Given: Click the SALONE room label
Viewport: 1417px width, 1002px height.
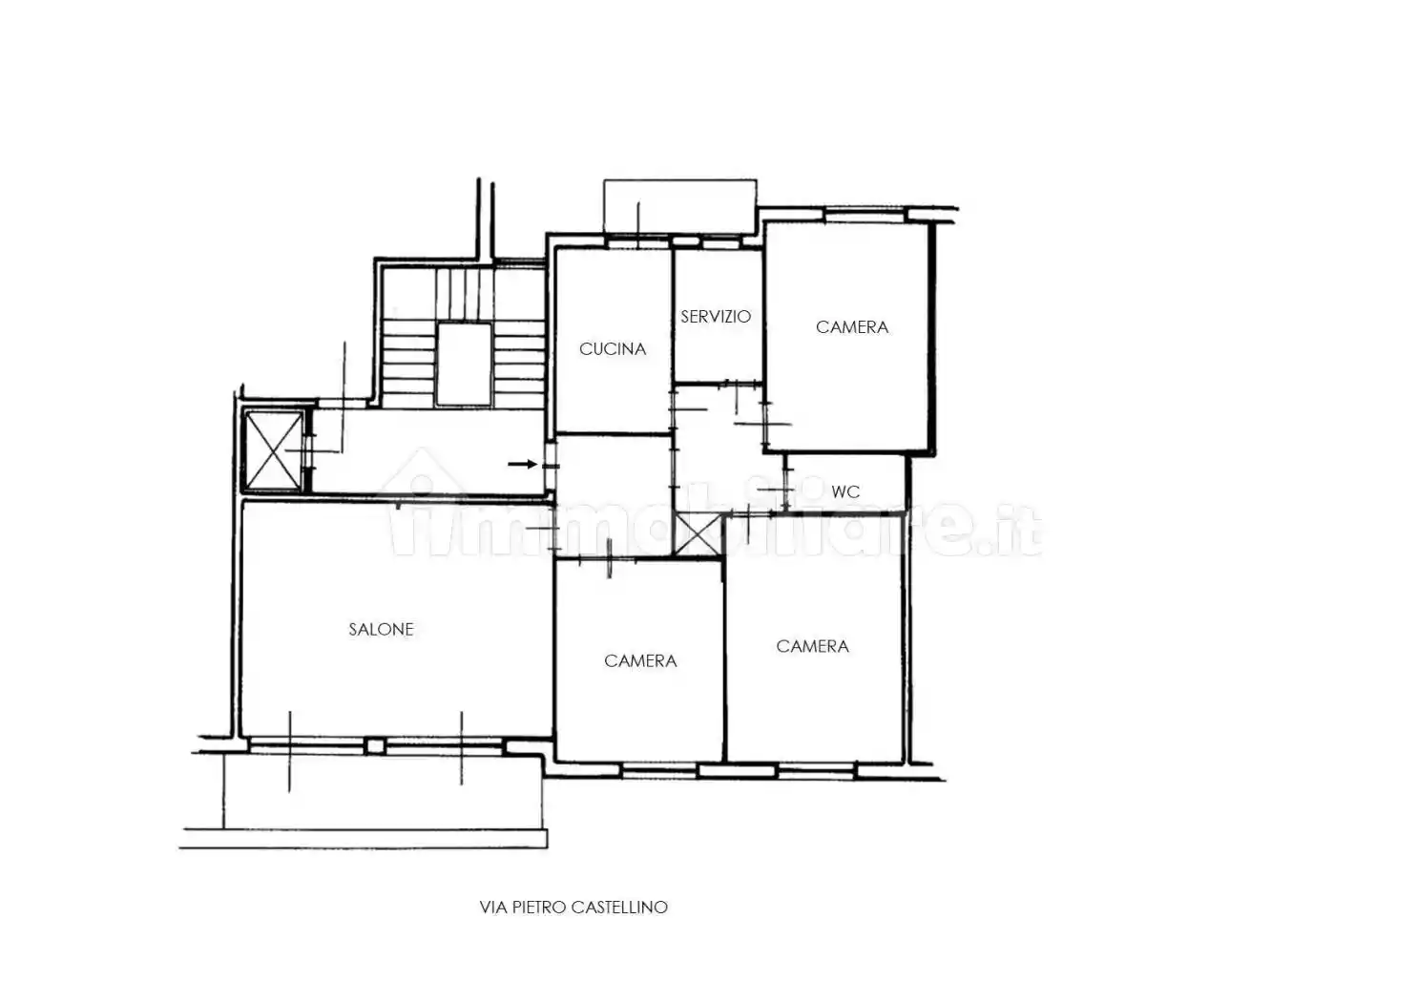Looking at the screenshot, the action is pyautogui.click(x=381, y=630).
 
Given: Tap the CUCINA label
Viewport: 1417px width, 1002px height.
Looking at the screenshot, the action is pyautogui.click(x=613, y=349).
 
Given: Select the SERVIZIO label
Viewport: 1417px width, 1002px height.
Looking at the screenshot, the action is pyautogui.click(x=716, y=316).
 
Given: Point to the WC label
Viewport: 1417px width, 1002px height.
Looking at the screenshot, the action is pyautogui.click(x=845, y=492).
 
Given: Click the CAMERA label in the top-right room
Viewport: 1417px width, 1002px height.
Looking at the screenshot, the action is pyautogui.click(x=852, y=327).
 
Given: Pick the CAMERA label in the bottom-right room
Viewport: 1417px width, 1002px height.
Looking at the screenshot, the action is pyautogui.click(x=812, y=646).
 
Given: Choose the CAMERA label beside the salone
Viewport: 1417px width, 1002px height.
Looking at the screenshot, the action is pyautogui.click(x=640, y=661).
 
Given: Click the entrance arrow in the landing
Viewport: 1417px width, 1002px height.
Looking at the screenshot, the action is pyautogui.click(x=523, y=465).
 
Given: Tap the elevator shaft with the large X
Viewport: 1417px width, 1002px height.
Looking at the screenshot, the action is pyautogui.click(x=273, y=450).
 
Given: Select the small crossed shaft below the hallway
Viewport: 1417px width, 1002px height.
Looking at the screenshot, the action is pyautogui.click(x=698, y=535).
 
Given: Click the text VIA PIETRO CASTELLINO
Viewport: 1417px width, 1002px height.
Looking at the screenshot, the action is pyautogui.click(x=573, y=908).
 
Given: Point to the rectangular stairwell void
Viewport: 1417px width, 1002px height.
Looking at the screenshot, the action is pyautogui.click(x=464, y=364).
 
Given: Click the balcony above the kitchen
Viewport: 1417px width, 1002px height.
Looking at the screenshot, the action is pyautogui.click(x=680, y=207).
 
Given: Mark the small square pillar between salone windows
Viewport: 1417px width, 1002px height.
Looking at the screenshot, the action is pyautogui.click(x=375, y=746).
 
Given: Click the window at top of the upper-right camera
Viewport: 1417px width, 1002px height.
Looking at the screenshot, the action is pyautogui.click(x=865, y=216).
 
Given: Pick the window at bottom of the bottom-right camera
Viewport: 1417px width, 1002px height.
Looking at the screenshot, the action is pyautogui.click(x=816, y=770).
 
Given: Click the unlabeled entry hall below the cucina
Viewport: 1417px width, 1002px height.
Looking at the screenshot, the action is pyautogui.click(x=613, y=496).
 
